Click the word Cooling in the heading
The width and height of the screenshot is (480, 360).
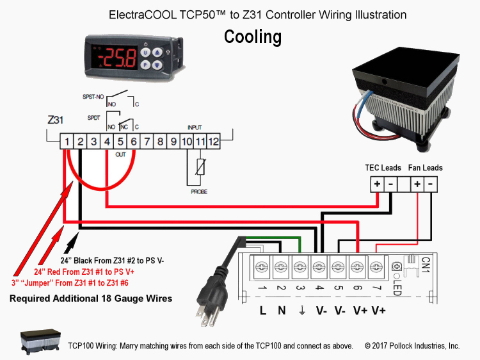253,37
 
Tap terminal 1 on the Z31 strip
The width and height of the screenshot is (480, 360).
66,140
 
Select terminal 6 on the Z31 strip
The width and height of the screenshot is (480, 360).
132,140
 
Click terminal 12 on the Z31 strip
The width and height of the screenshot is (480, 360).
213,140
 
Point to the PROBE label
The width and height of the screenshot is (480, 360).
198,192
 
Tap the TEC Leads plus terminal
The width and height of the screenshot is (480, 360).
377,184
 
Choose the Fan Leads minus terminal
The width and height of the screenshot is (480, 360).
431,184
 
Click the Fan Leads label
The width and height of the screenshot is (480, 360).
426,168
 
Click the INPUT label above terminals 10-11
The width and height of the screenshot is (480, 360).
194,127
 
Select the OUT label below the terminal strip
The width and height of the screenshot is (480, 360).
119,154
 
